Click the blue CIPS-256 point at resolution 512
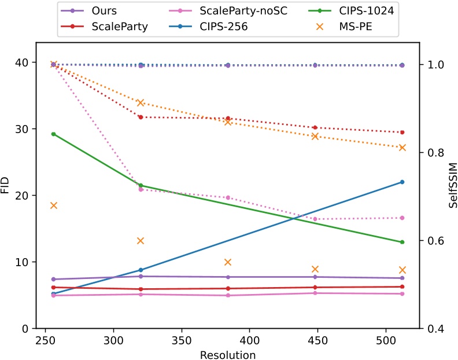click(402, 182)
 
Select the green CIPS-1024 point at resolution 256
click(53, 134)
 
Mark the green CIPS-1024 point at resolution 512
click(402, 242)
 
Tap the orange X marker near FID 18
click(53, 205)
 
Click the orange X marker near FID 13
click(140, 241)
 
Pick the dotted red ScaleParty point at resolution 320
click(140, 117)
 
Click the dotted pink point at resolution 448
click(315, 219)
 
